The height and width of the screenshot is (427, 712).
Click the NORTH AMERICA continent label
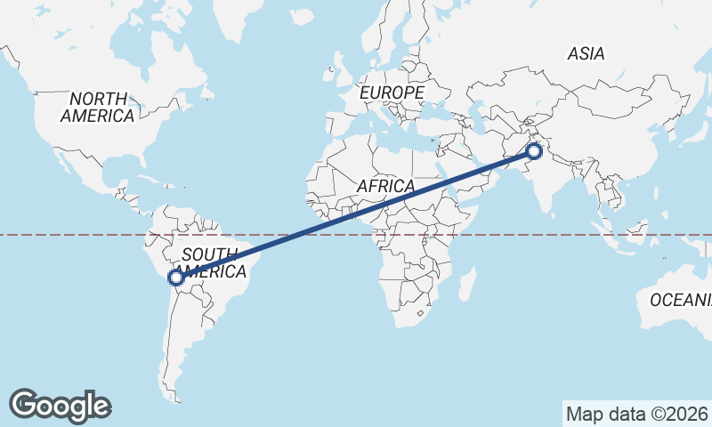click(x=98, y=107)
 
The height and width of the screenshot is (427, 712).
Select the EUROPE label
click(x=392, y=93)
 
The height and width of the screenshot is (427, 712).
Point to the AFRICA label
click(x=385, y=187)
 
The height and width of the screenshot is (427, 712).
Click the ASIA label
click(x=586, y=54)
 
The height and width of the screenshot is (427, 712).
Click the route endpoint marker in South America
click(x=176, y=278)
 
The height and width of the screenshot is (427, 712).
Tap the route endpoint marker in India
click(x=534, y=150)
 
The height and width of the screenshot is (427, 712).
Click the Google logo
click(x=61, y=405)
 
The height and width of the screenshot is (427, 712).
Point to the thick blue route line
click(x=356, y=213)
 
